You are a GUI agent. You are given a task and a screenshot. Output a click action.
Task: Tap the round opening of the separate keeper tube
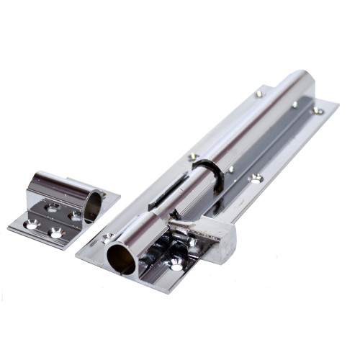(93, 206)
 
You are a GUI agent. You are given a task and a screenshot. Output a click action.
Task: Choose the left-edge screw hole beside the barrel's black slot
(193, 156)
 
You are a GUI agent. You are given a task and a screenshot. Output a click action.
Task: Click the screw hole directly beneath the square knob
(177, 265)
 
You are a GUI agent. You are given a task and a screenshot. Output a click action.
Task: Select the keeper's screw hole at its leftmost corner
(31, 225)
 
